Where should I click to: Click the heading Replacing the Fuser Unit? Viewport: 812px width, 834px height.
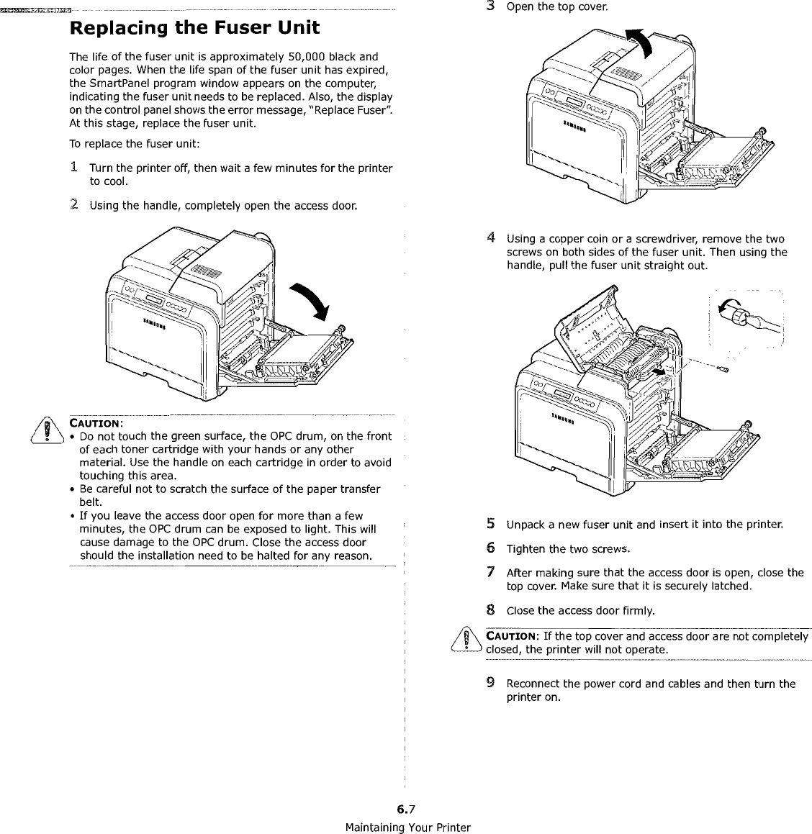coord(194,30)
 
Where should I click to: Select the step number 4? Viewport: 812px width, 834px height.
coord(490,238)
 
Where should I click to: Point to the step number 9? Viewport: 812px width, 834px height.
coord(490,683)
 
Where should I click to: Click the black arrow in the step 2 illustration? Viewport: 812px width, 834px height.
coord(307,302)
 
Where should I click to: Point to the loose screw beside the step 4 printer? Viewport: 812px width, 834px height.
coord(724,369)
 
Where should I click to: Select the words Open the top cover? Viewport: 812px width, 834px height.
coord(556,7)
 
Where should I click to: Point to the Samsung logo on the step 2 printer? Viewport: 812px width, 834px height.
coord(155,322)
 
